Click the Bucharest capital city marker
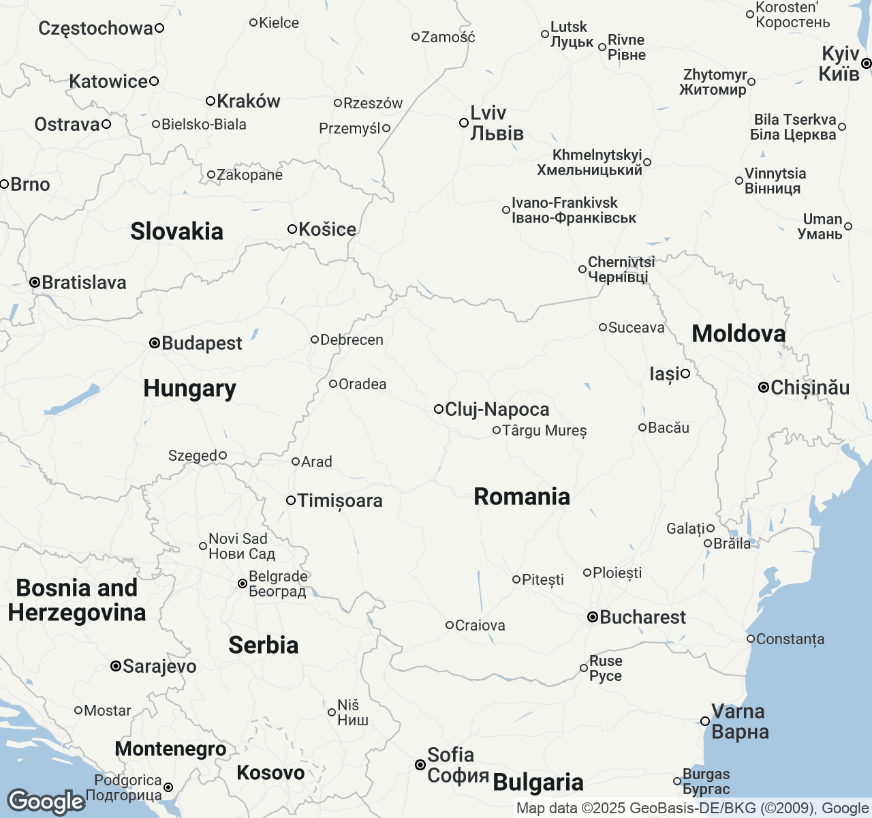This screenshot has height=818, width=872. coord(593,617)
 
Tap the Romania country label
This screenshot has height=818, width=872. coord(522,497)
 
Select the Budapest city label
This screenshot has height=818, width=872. coord(202,343)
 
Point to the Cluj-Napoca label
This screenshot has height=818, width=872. coord(497,409)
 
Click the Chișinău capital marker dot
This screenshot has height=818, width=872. coord(764,387)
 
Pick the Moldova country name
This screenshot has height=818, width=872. coord(738,333)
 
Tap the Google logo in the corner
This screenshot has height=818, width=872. coord(46,802)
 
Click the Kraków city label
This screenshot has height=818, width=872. coord(248,101)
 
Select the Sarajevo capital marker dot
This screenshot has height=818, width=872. coord(116,666)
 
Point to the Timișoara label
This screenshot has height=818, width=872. coord(340,501)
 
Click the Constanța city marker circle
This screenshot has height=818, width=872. coord(750,639)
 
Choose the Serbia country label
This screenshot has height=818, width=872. coord(263,645)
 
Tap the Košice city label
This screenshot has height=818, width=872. coord(327,229)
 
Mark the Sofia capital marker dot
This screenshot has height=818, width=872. coord(420,765)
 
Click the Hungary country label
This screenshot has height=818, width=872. coord(189,389)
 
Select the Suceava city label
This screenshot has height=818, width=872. coord(636,327)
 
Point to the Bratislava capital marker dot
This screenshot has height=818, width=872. coord(34,282)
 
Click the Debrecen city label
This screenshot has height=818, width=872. coord(352,339)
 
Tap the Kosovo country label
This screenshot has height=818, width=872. coord(270,772)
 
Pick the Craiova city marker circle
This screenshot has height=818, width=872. coord(450,625)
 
